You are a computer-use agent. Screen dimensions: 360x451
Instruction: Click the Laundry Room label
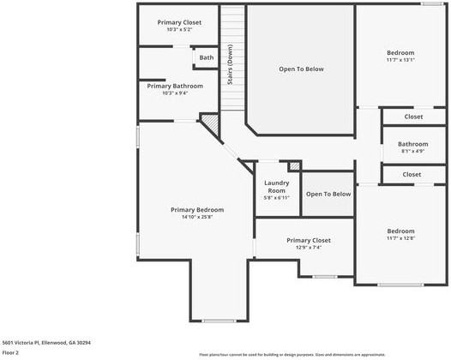click(x=276, y=186)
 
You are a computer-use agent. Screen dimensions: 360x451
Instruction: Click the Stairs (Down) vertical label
click(x=230, y=61)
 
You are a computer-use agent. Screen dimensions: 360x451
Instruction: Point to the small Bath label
click(x=207, y=58)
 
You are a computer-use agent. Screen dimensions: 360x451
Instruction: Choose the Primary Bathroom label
click(x=175, y=86)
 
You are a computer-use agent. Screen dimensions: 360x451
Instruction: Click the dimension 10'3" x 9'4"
click(x=175, y=93)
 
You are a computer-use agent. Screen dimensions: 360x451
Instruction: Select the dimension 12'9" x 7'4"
click(x=309, y=248)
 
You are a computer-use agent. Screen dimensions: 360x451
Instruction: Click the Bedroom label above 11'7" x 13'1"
click(x=400, y=52)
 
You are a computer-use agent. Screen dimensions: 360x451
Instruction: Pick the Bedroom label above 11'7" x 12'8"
click(x=400, y=231)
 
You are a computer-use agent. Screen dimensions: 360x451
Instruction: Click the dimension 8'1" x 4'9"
click(x=412, y=152)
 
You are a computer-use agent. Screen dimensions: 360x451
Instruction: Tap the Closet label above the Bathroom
click(x=412, y=116)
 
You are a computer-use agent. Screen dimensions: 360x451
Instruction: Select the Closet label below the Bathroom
click(x=412, y=174)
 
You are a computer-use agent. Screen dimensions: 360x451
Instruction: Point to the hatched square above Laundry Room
click(x=294, y=165)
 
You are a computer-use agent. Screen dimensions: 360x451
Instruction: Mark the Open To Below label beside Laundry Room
click(x=328, y=195)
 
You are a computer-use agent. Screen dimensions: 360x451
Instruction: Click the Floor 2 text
click(x=10, y=351)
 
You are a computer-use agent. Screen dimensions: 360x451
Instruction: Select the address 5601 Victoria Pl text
click(x=46, y=342)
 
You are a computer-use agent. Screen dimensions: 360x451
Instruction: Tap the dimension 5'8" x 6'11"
click(x=276, y=198)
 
